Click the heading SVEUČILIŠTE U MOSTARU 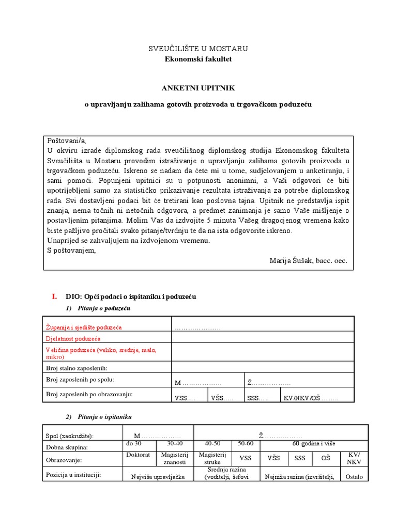click(198, 49)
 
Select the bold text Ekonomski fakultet click(198, 59)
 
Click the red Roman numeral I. click(54, 297)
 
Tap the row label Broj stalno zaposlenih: click(80, 368)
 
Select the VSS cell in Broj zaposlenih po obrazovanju click(185, 398)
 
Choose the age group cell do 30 click(134, 443)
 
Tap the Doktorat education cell click(138, 455)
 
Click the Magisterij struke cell click(213, 458)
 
